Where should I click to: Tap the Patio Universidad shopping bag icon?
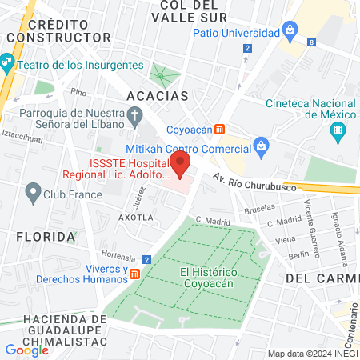(x=289, y=33)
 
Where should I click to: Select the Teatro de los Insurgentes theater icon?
(x=8, y=62)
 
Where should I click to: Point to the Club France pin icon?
(x=33, y=192)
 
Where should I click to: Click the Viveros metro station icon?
(x=135, y=274)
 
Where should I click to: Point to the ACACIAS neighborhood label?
(x=158, y=96)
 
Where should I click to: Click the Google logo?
(x=26, y=350)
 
